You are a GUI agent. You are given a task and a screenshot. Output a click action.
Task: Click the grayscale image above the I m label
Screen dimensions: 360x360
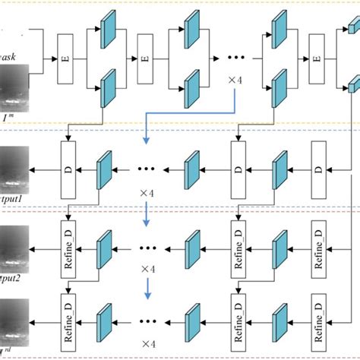(x=14, y=87)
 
